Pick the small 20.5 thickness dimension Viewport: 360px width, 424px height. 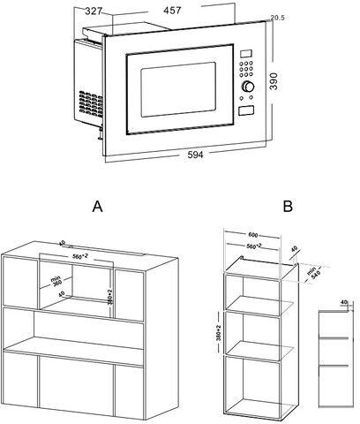[x=277, y=18]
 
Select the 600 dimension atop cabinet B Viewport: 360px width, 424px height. [x=254, y=235]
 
